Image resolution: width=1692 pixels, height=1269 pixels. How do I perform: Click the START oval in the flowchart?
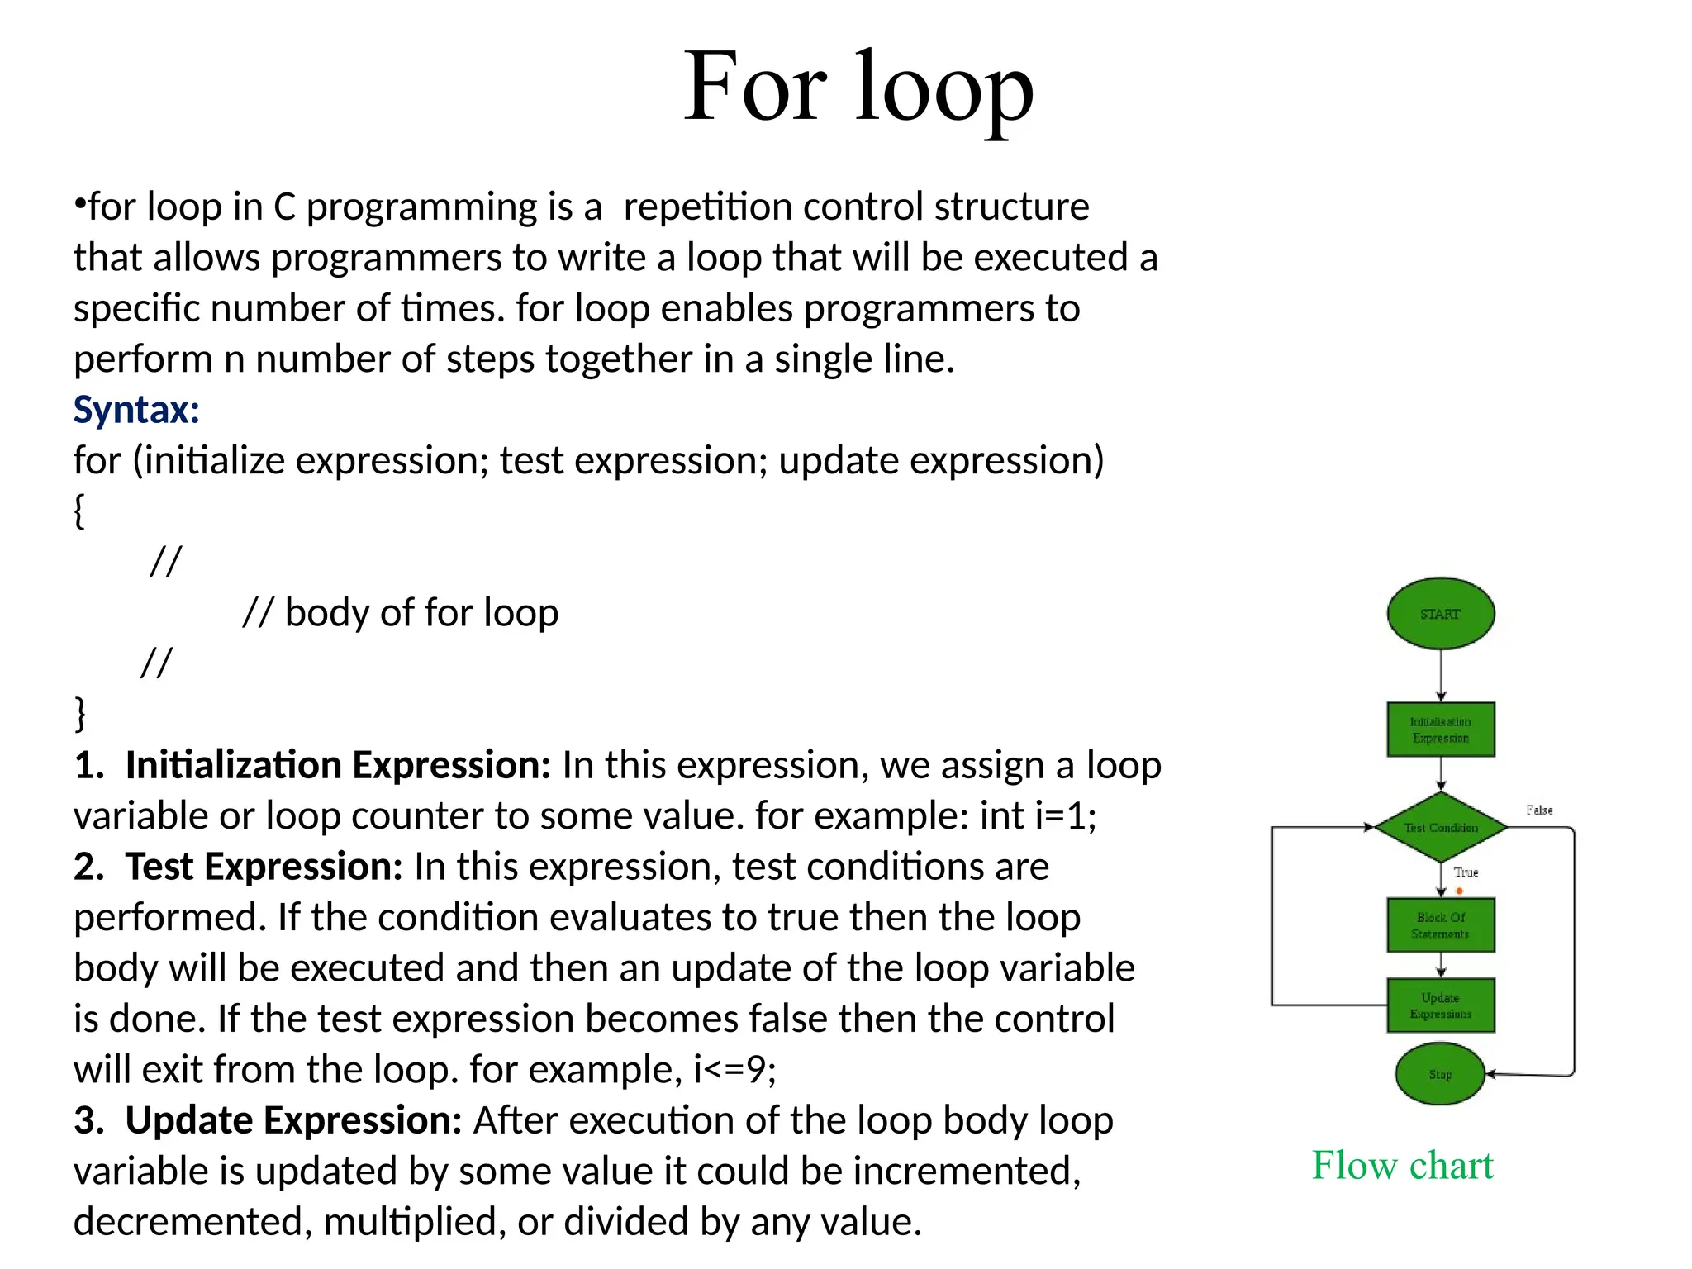(x=1440, y=613)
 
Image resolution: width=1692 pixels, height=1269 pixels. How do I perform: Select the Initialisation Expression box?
(x=1440, y=730)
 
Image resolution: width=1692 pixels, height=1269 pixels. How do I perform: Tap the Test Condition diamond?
(x=1440, y=827)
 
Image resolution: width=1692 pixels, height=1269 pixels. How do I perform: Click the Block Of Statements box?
(x=1440, y=925)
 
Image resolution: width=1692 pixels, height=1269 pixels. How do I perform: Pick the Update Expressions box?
(x=1440, y=1005)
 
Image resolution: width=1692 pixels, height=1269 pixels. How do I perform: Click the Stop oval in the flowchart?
(x=1440, y=1074)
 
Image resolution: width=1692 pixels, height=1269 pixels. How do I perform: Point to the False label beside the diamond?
(x=1538, y=810)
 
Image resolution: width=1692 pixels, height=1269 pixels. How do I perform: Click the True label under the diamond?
(x=1466, y=872)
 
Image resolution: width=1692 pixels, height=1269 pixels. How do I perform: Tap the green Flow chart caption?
(x=1402, y=1166)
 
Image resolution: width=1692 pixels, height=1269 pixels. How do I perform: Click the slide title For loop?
(x=858, y=88)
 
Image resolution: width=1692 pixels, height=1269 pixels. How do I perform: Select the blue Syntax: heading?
(x=136, y=410)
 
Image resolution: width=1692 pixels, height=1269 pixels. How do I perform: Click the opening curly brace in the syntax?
(x=79, y=511)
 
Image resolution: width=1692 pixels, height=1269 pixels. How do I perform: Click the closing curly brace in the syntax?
(x=79, y=714)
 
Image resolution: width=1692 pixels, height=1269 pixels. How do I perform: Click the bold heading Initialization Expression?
(x=337, y=765)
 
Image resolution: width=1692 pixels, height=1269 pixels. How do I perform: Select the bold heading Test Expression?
(x=263, y=867)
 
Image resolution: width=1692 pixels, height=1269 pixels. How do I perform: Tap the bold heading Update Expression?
(x=292, y=1120)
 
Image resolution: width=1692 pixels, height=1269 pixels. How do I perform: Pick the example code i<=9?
(x=734, y=1070)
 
